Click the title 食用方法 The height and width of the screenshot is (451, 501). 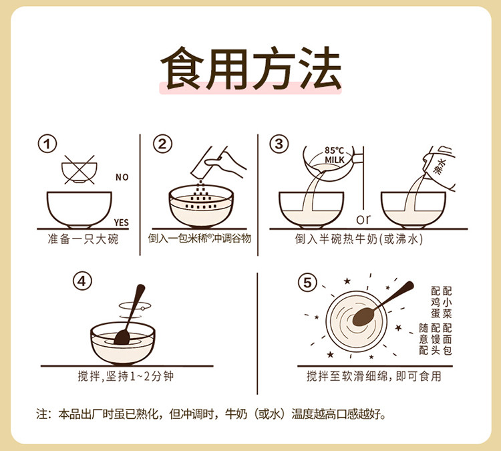pos(251,68)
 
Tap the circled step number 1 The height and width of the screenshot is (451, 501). pos(47,144)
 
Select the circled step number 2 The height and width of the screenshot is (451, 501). pos(162,144)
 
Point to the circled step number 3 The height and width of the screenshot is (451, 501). pos(279,144)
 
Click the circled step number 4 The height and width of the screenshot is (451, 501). pos(82,281)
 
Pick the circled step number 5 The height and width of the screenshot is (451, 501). pos(307,283)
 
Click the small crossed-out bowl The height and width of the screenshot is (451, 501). pos(79,170)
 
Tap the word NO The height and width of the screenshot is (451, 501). pos(122,177)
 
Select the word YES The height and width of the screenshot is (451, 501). pos(122,222)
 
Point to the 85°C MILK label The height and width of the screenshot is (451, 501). pos(335,155)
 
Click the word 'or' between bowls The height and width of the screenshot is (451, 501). pos(363,219)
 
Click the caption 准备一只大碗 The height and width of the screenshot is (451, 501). pos(83,239)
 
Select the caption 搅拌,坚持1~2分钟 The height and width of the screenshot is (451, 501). pos(126,376)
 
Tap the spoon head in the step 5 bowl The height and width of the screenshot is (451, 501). pos(363,317)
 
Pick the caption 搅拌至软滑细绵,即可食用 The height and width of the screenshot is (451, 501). pos(374,376)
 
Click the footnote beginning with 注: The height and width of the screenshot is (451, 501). pos(211,414)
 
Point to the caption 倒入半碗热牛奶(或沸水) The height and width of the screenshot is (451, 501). pos(359,239)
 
